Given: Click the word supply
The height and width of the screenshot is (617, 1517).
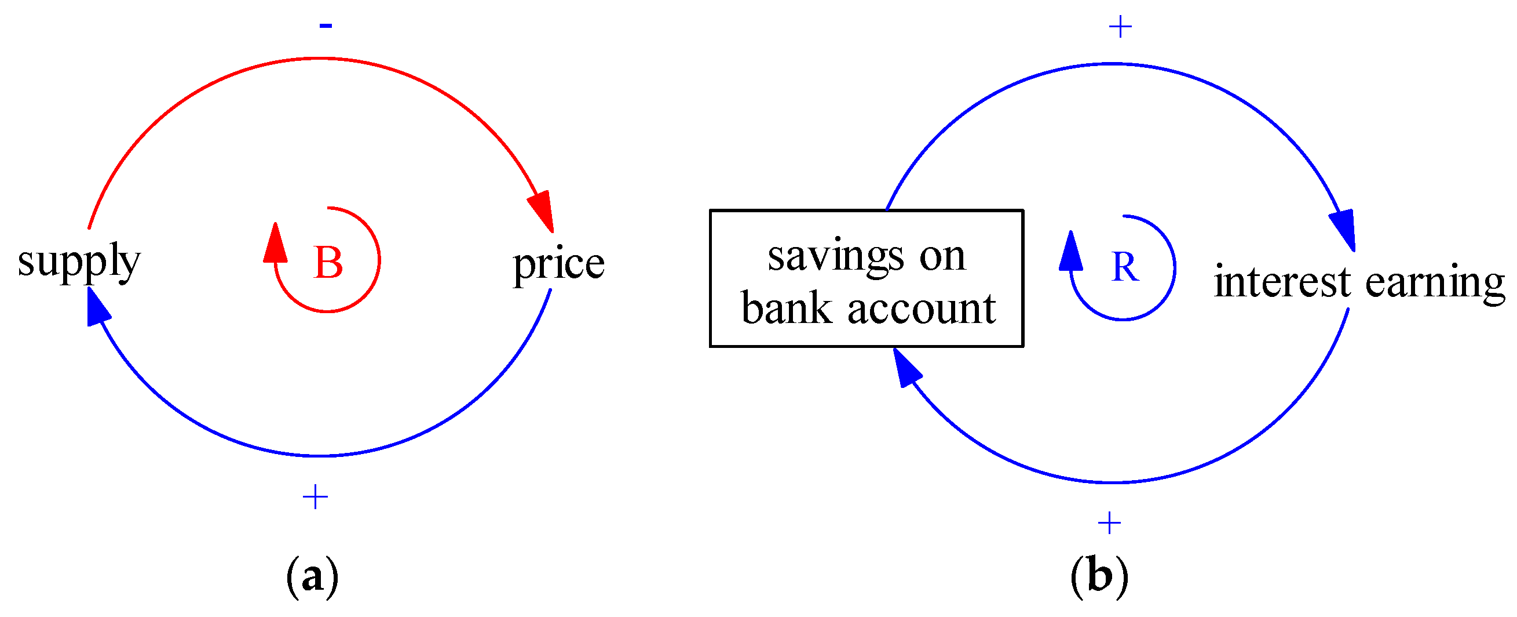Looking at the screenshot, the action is click(79, 261).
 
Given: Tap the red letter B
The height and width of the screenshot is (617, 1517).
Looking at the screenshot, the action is click(328, 262).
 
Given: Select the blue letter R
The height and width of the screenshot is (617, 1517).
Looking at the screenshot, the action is click(1124, 267).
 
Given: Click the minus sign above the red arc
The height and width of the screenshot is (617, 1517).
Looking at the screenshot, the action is click(326, 25).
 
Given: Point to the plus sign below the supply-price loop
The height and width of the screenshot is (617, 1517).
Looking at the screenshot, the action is click(315, 497).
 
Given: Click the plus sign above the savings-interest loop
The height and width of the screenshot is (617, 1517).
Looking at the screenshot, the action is click(1120, 27).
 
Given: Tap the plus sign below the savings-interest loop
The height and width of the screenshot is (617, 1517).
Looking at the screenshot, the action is click(1109, 522).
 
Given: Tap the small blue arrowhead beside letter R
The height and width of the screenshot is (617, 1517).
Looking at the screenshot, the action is click(1070, 252).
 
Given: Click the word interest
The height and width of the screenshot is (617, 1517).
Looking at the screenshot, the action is click(1282, 282).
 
